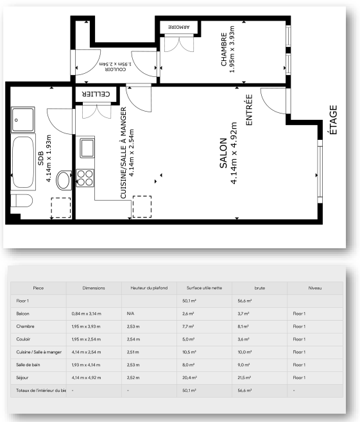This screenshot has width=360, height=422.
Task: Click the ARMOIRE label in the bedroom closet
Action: [x=179, y=27]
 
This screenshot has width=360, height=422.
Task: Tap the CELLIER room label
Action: [x=96, y=94]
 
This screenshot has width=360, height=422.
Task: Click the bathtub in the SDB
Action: [x=23, y=162]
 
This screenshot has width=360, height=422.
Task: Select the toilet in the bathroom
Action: [x=22, y=201]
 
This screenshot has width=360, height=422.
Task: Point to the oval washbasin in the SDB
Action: [x=64, y=180]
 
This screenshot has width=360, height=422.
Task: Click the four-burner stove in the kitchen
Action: [x=85, y=178]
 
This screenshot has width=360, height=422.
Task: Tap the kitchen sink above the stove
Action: [x=87, y=148]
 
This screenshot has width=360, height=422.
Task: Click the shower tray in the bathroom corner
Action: [x=23, y=120]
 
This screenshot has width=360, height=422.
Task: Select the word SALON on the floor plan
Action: [x=223, y=153]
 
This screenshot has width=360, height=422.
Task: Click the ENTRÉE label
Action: [x=250, y=110]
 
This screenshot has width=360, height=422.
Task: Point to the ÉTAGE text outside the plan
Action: [x=333, y=120]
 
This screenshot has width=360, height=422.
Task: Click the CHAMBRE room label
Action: [x=224, y=49]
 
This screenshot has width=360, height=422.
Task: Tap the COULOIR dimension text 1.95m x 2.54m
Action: [x=116, y=64]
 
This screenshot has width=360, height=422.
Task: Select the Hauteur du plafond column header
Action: [x=149, y=288]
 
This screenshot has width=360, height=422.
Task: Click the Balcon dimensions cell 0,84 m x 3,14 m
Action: [x=87, y=314]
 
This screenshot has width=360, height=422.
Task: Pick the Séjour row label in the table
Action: [x=22, y=378]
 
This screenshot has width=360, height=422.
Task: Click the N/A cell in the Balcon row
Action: [x=130, y=314]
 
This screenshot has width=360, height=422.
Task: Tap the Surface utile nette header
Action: [x=204, y=288]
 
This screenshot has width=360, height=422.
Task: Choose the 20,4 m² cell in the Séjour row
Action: [x=189, y=378]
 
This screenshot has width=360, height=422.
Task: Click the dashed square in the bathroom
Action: [x=61, y=208]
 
